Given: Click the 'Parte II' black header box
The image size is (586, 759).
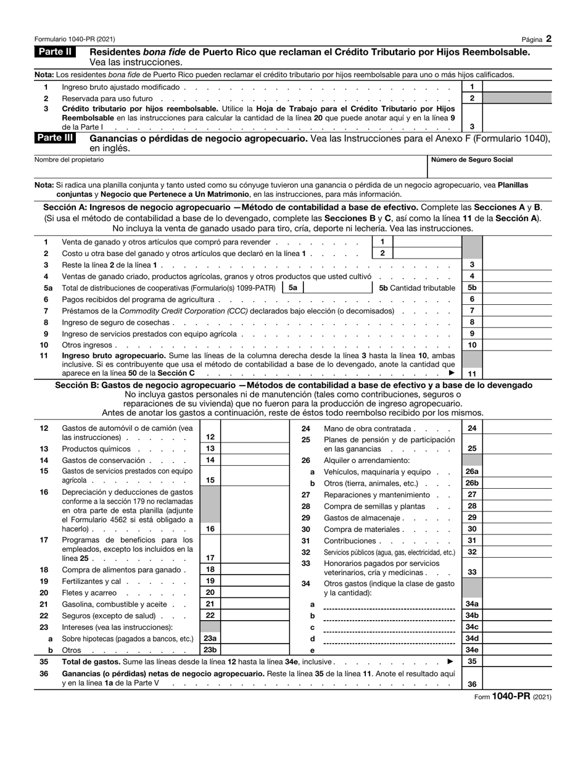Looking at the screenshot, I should (x=56, y=52).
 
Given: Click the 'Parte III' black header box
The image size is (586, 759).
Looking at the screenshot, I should (x=56, y=138).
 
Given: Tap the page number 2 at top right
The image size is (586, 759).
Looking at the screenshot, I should (x=548, y=39).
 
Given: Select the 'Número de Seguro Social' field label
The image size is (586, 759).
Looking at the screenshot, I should (x=472, y=160).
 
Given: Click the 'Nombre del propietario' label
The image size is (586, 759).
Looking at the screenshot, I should (x=69, y=160).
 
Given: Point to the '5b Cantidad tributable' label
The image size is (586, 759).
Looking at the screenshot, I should (x=417, y=288).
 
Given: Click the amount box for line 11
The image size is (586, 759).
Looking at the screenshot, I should (x=517, y=373).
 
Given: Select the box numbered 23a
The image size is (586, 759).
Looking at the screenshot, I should (x=210, y=639).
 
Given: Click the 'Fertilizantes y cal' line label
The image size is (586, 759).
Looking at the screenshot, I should (x=91, y=581).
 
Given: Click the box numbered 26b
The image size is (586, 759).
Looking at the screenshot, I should (x=472, y=483).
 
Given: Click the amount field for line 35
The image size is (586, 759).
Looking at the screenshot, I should (x=517, y=661).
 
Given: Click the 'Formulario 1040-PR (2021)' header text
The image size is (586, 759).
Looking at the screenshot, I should (x=75, y=39).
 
